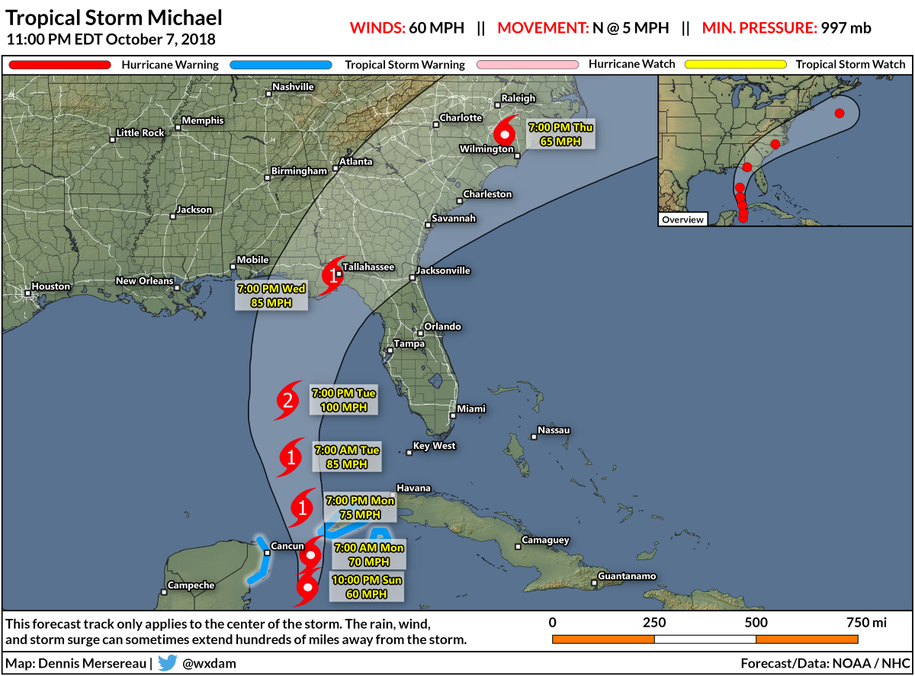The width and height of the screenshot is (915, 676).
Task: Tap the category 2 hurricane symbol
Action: pyautogui.click(x=288, y=400)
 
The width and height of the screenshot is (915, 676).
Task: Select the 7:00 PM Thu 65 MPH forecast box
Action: pyautogui.click(x=560, y=133)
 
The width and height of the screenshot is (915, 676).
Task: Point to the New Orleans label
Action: pyautogui.click(x=145, y=281)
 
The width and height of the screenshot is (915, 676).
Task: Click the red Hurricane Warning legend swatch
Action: pyautogui.click(x=59, y=65)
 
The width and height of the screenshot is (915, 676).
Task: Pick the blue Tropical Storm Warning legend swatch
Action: pyautogui.click(x=283, y=65)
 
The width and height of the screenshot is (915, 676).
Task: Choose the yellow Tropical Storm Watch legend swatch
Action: pyautogui.click(x=736, y=65)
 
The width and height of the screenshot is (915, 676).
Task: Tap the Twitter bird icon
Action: pyautogui.click(x=167, y=662)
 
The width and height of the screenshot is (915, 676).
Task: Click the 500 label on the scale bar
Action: pyautogui.click(x=756, y=623)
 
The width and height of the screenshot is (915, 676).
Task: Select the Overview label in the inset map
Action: pyautogui.click(x=682, y=219)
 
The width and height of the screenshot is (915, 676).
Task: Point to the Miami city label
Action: pyautogui.click(x=471, y=409)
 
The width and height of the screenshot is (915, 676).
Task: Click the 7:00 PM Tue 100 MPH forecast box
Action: pyautogui.click(x=345, y=400)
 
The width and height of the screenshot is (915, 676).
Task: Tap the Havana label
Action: pyautogui.click(x=414, y=488)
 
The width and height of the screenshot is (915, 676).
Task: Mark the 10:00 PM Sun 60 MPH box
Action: pyautogui.click(x=366, y=587)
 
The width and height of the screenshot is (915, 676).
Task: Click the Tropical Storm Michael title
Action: pyautogui.click(x=114, y=18)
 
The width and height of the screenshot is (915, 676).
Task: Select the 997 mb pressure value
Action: pyautogui.click(x=846, y=28)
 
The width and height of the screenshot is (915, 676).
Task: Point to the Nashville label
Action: pyautogui.click(x=294, y=87)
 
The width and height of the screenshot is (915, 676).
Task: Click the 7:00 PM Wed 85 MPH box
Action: pyautogui.click(x=272, y=295)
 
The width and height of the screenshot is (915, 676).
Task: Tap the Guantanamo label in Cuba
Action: pyautogui.click(x=627, y=576)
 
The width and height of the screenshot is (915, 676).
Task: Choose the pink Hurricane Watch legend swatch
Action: pyautogui.click(x=528, y=65)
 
